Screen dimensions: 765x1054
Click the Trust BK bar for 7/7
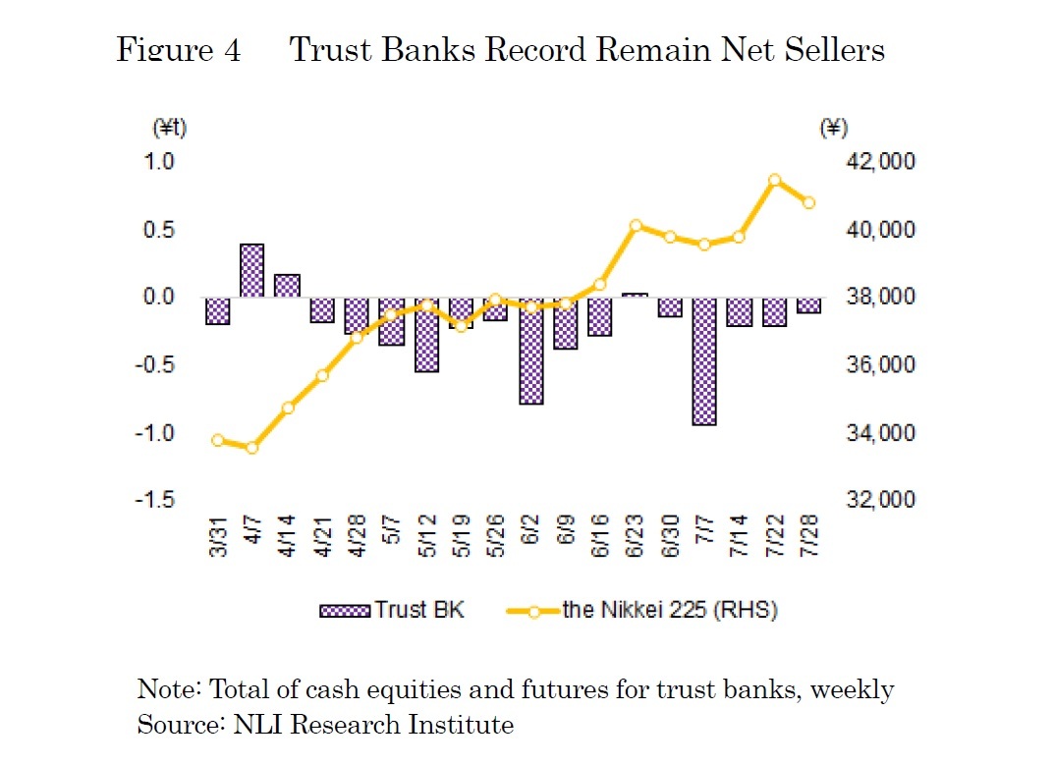(x=704, y=360)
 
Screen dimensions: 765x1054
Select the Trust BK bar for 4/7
(x=251, y=270)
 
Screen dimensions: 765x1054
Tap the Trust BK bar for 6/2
(x=531, y=351)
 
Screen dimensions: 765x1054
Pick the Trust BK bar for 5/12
(x=426, y=334)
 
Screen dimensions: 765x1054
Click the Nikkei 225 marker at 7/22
(x=774, y=180)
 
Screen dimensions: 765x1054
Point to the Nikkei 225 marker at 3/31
(x=218, y=440)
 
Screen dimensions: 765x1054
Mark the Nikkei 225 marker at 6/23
(x=636, y=225)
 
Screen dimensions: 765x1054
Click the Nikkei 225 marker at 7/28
(x=809, y=203)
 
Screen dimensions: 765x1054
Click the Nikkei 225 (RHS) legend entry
(x=643, y=610)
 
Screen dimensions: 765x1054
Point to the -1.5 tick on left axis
(x=154, y=500)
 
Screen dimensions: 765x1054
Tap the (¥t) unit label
(x=170, y=128)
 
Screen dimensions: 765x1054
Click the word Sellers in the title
(x=835, y=49)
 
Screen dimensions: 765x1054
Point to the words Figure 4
(x=178, y=49)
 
